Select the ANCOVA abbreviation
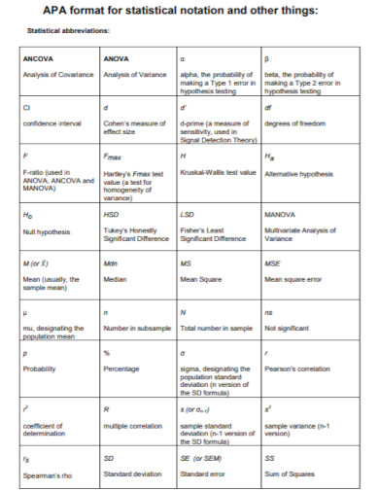point(38,59)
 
